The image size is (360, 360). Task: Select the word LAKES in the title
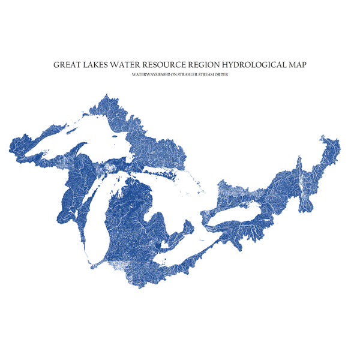[101, 63]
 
